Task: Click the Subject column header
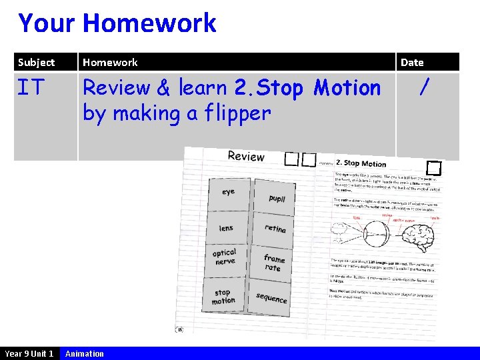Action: coord(37,63)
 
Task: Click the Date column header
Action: coord(412,63)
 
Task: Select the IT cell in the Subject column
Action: coord(31,87)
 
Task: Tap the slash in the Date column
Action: coord(421,87)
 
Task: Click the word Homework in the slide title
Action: coord(149,23)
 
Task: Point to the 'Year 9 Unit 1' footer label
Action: coord(29,353)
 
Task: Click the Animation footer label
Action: coord(85,353)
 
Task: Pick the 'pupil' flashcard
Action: coord(277,198)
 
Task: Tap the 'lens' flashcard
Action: coord(227,228)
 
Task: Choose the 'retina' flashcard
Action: coord(275,229)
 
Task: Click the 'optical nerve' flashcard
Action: coord(225,257)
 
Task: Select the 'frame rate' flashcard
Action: coord(273,263)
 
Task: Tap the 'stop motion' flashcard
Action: coord(223,297)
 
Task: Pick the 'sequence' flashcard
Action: coord(271,298)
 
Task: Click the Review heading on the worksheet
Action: coord(246,157)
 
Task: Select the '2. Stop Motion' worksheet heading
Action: coord(361,163)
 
